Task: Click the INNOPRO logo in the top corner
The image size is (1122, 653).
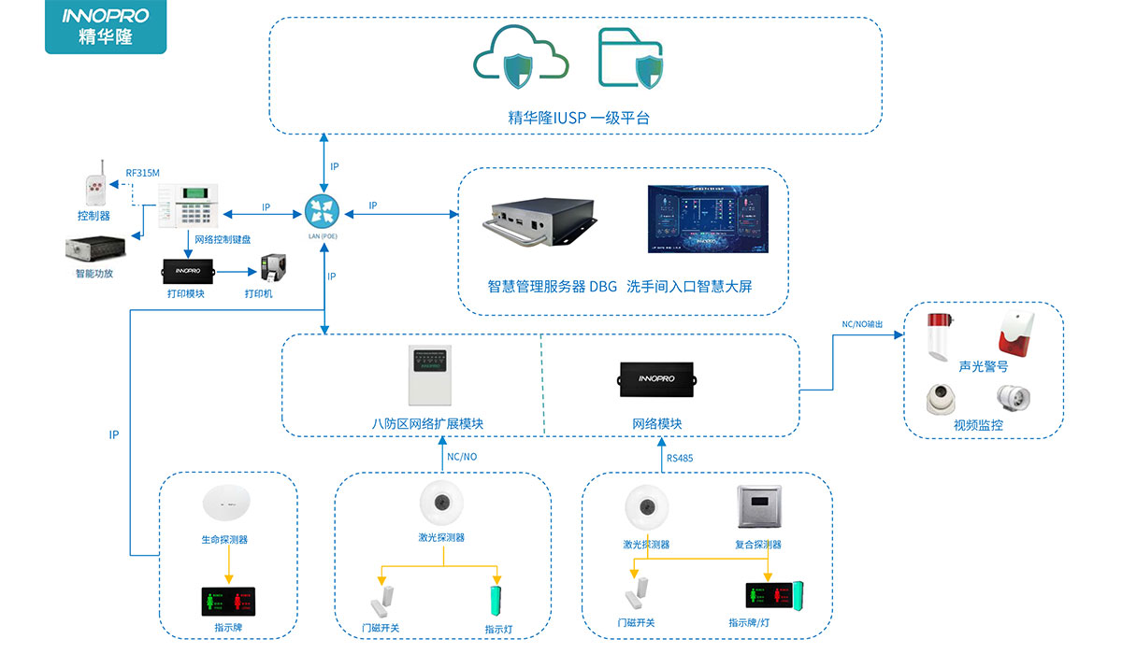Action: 106,27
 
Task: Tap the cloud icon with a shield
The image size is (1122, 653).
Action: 521,59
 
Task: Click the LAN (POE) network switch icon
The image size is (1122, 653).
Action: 323,212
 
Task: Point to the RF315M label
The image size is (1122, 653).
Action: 143,173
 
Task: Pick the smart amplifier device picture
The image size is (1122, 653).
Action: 95,250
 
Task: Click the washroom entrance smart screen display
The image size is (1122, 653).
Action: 707,220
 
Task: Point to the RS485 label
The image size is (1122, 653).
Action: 680,458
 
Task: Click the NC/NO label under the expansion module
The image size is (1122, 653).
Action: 462,457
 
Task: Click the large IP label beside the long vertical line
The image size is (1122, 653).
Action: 114,435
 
